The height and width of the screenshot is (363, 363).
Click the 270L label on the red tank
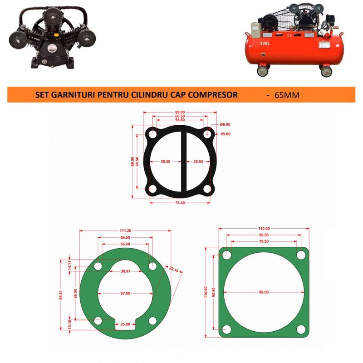click(x=265, y=44)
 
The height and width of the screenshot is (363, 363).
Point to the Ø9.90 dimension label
click(x=226, y=124)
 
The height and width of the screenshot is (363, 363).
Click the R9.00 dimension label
click(x=226, y=133)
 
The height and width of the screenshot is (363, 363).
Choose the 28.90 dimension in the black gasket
click(x=198, y=162)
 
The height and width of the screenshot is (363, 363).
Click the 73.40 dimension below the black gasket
click(x=180, y=202)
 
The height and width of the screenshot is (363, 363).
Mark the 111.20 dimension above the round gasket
click(x=125, y=231)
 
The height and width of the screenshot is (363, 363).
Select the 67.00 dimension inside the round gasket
click(x=125, y=294)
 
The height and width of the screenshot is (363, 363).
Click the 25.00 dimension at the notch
click(x=125, y=324)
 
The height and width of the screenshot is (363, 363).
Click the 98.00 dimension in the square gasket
click(x=264, y=292)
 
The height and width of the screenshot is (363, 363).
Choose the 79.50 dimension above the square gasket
click(x=264, y=242)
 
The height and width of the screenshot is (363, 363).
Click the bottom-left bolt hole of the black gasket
click(x=153, y=189)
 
